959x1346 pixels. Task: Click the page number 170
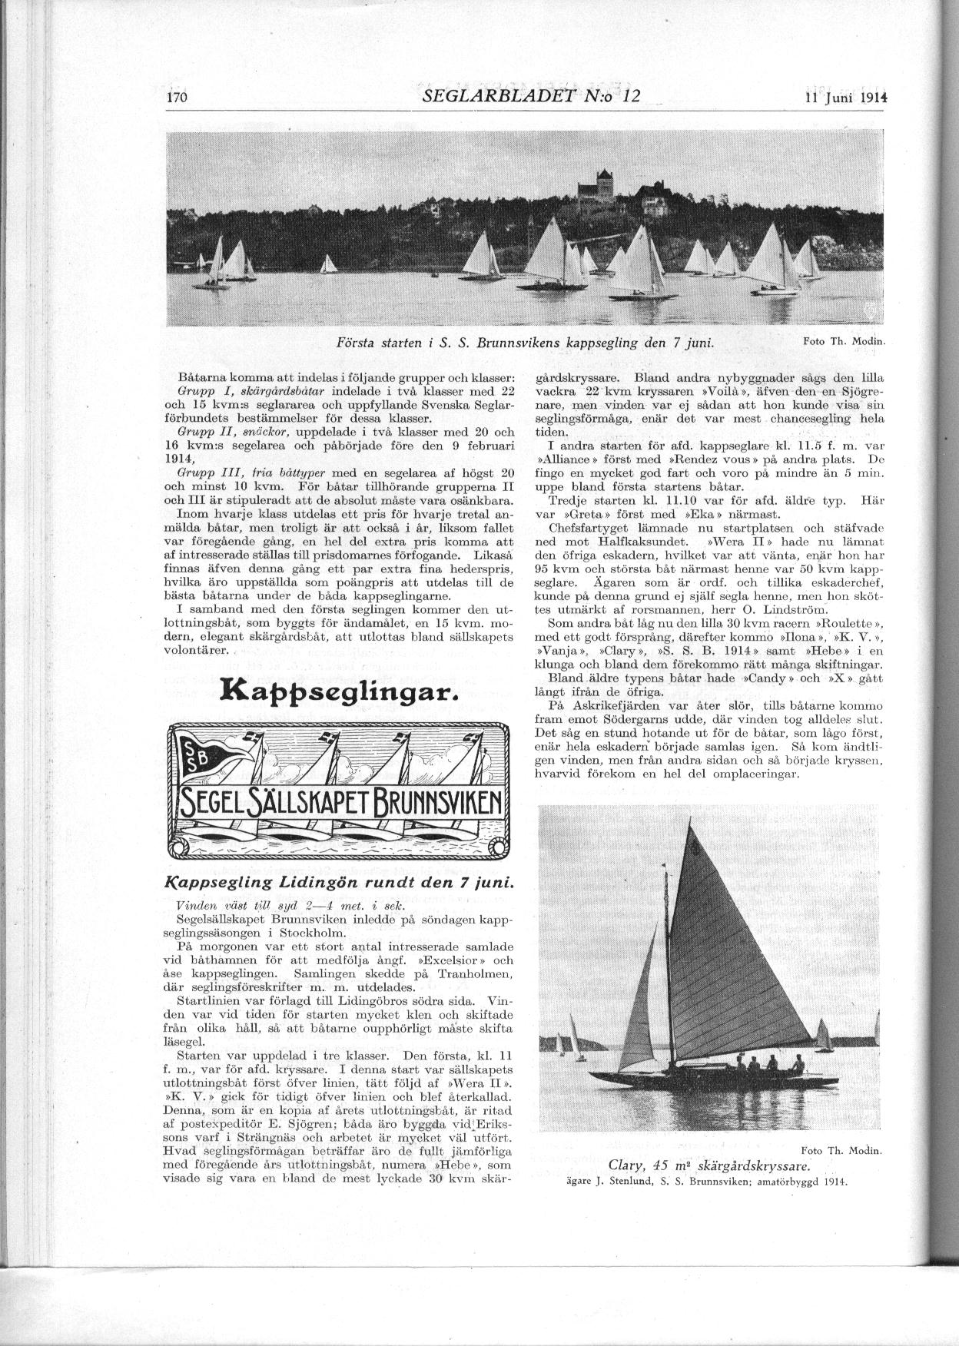pos(178,98)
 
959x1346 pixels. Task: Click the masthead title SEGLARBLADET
pos(496,96)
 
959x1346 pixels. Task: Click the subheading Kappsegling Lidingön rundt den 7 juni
pos(339,884)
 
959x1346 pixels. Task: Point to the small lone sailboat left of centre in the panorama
pos(328,264)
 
